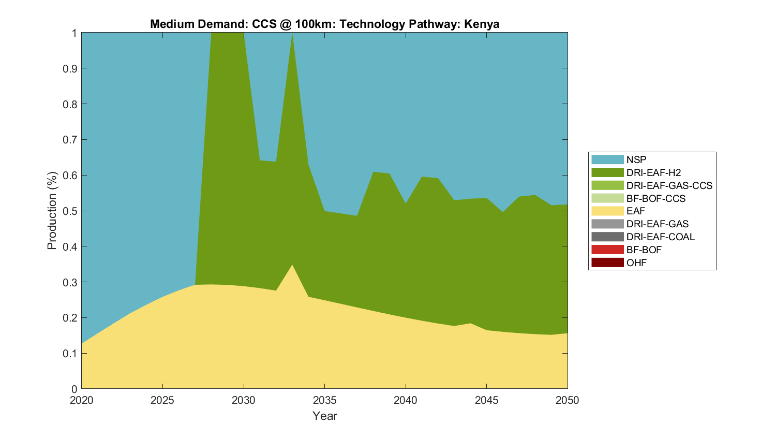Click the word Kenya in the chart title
click(482, 24)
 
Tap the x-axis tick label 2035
click(324, 400)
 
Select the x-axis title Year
click(324, 416)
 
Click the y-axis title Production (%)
click(52, 211)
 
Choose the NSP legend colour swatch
click(607, 159)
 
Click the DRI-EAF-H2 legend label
click(653, 172)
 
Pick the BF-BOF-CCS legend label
click(655, 198)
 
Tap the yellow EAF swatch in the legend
click(607, 211)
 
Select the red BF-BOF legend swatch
click(607, 250)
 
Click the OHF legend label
click(636, 263)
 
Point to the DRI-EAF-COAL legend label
click(660, 237)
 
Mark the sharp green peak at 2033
click(292, 35)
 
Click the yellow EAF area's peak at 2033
click(292, 266)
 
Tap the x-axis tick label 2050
click(568, 400)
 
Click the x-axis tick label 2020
click(82, 400)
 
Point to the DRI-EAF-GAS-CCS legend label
click(669, 185)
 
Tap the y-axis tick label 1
click(74, 33)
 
